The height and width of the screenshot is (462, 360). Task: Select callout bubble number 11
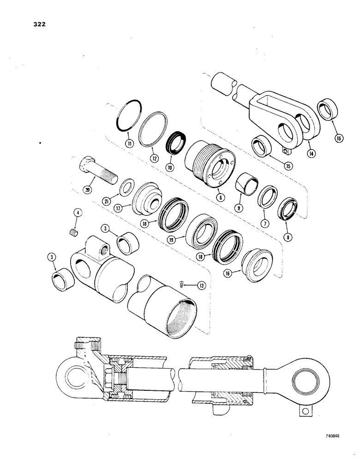130,144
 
